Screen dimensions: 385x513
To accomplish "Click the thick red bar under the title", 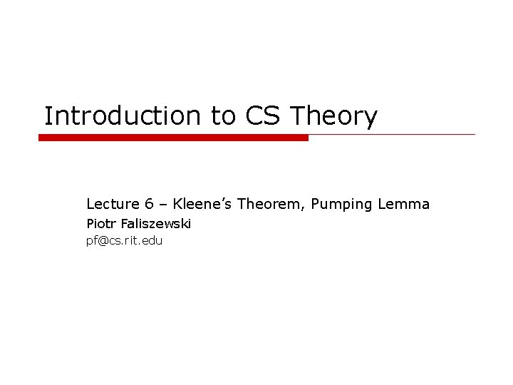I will (173, 138).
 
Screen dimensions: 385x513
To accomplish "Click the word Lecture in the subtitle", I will (109, 205).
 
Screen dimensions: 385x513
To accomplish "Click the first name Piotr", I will (99, 224).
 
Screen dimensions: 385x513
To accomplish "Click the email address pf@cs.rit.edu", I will (125, 241).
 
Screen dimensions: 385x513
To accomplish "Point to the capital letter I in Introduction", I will (48, 116).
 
